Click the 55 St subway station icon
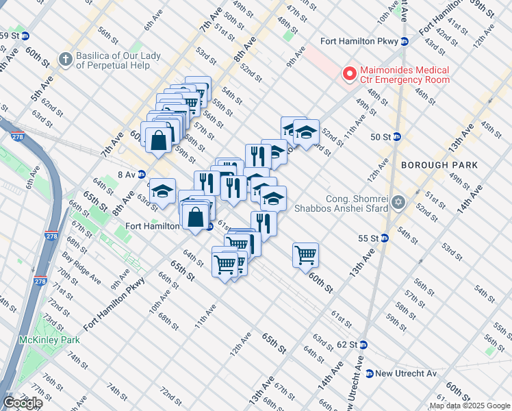point(385,238)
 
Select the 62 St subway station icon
point(363,345)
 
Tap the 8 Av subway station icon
point(141,175)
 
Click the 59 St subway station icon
point(25,36)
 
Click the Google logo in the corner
point(23,402)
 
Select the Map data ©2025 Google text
point(469,406)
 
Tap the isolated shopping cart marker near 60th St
point(305,256)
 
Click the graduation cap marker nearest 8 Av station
point(162,192)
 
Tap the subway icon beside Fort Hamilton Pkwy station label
point(405,41)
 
